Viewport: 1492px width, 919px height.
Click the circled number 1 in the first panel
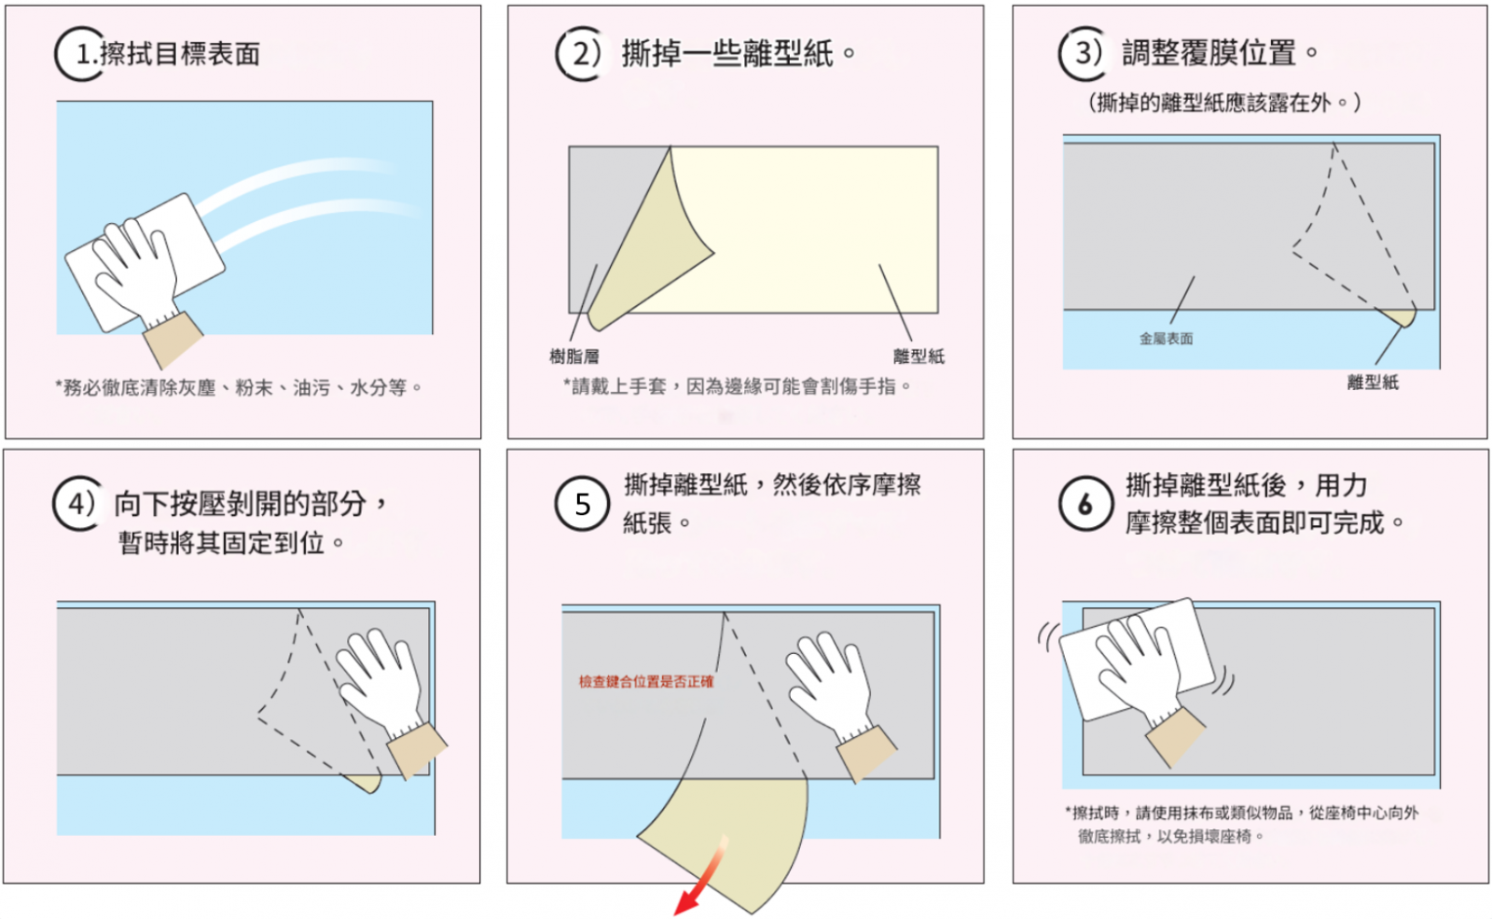pos(80,54)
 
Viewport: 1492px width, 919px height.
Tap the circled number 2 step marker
pos(581,54)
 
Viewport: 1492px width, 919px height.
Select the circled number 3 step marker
pos(1084,53)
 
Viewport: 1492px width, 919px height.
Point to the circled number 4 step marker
pos(79,504)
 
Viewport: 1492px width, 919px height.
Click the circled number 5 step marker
pos(582,504)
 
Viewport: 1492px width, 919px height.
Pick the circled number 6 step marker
pos(1085,504)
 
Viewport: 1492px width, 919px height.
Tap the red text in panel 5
pos(645,682)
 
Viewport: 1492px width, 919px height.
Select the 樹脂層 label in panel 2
pos(573,356)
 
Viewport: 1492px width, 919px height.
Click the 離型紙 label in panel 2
pos(919,356)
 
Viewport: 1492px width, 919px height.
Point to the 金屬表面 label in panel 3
pos(1166,339)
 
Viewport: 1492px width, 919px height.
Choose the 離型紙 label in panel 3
pos(1373,383)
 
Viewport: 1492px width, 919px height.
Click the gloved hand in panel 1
pos(136,270)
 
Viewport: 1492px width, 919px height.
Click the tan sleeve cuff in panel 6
pos(1176,737)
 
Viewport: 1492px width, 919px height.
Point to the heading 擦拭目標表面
pos(180,54)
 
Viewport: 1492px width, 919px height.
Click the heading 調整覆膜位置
pos(1209,53)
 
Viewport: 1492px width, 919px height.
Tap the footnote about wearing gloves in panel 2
pos(737,386)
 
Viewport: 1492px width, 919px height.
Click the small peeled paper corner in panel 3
pos(1399,316)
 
